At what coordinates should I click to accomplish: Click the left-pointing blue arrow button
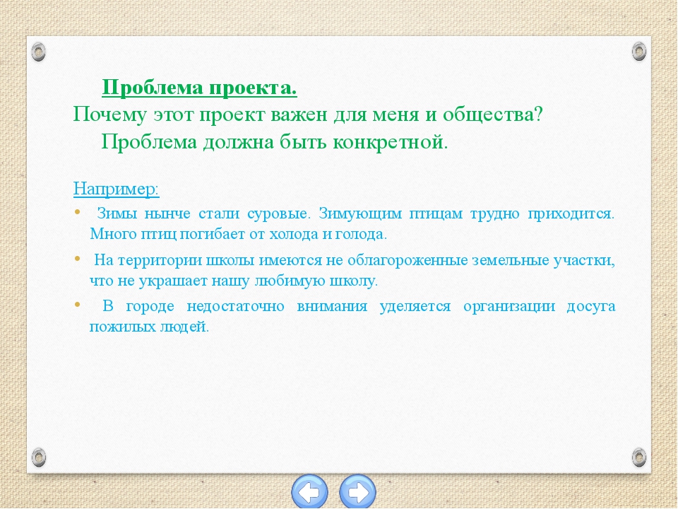pos(309,492)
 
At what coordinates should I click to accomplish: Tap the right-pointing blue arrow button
pos(357,492)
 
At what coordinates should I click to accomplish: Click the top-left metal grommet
pos(38,52)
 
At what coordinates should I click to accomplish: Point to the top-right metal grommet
pos(639,52)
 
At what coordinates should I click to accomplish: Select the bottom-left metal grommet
pos(38,457)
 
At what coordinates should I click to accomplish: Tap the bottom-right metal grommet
pos(639,457)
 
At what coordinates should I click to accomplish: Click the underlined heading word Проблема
pos(153,88)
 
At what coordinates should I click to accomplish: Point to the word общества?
pos(492,115)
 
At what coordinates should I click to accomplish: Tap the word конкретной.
pos(390,142)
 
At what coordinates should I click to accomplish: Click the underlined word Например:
pos(117,189)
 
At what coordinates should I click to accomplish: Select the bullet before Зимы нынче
pos(78,211)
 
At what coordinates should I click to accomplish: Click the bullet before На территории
pos(78,259)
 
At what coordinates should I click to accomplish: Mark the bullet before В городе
pos(78,304)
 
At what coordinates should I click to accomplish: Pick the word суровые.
pos(279,214)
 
